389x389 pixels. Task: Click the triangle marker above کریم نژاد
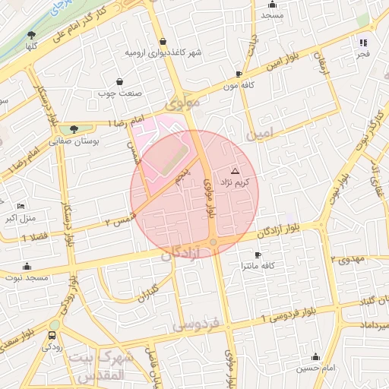click(234, 172)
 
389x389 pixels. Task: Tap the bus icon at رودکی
click(52, 335)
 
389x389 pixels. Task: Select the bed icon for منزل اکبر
click(21, 206)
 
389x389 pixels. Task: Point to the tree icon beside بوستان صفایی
click(74, 129)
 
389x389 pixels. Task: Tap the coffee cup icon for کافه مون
click(239, 74)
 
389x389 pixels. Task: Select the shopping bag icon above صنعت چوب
click(119, 81)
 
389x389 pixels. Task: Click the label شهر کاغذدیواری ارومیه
click(163, 54)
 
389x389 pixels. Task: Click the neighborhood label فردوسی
click(195, 325)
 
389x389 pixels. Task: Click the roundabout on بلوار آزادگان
click(213, 242)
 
